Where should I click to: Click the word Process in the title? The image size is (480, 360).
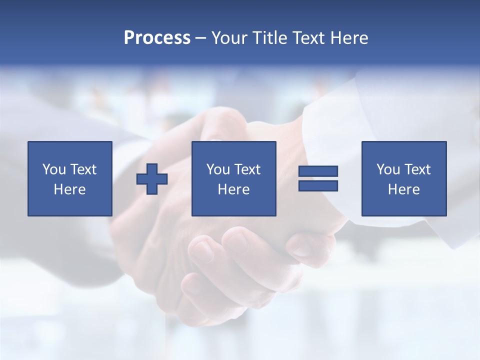157,38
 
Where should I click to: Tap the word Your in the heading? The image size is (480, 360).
230,38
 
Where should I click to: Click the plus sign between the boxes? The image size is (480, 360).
152,179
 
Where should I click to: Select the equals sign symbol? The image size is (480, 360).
318,178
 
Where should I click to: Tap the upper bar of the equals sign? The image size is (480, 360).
318,171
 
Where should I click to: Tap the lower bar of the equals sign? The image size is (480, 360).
318,185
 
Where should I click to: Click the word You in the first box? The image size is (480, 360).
54,169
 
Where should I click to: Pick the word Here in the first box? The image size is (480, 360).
69,189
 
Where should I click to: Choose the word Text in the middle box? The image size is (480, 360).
247,169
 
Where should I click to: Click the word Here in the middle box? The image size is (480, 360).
233,189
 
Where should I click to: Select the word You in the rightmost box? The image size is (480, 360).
388,169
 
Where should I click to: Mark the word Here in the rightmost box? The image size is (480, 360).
403,189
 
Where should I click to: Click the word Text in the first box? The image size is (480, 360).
83,169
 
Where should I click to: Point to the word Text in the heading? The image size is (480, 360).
308,38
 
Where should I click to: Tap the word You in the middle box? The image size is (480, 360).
218,169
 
